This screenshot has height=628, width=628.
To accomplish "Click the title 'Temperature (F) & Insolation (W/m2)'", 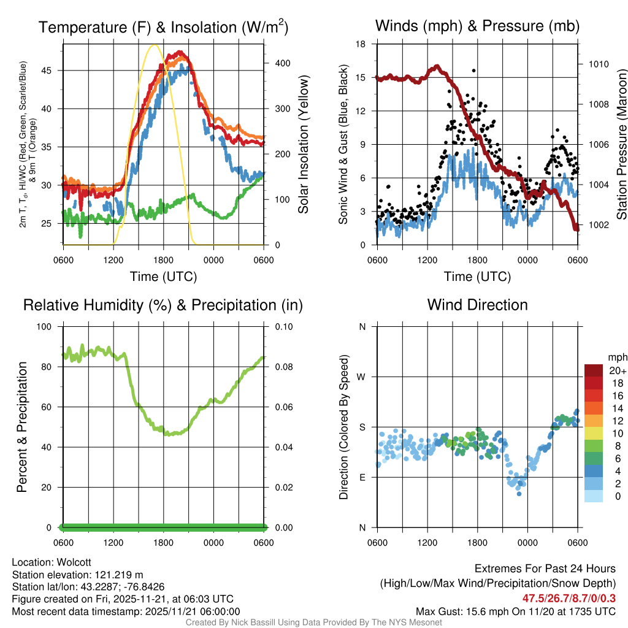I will (x=163, y=27).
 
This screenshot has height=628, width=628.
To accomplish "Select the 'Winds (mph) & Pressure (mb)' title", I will (x=477, y=26).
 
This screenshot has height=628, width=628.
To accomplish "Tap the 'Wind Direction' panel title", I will (x=477, y=305).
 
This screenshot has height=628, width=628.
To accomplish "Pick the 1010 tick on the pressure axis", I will (x=597, y=64).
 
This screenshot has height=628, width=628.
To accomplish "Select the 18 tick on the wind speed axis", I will (x=361, y=44).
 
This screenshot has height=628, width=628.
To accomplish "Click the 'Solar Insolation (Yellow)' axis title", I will (x=303, y=145).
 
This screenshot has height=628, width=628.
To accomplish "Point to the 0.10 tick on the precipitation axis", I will (x=283, y=326).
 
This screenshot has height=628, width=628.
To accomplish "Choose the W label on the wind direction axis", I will (x=362, y=377).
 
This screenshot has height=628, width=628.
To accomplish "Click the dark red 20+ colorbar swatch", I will (x=594, y=370).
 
